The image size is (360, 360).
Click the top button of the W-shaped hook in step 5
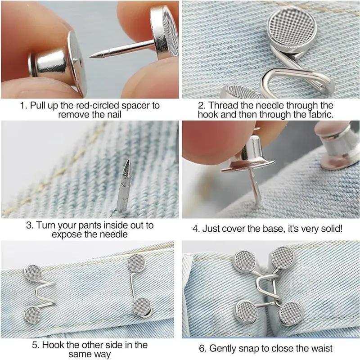(33, 273)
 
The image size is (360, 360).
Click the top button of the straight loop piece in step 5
(135, 263)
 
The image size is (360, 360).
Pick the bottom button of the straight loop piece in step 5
(142, 306)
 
